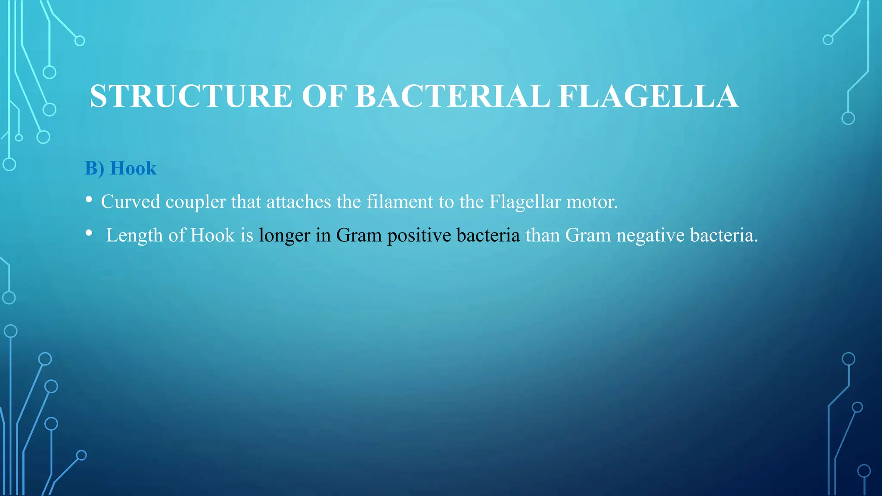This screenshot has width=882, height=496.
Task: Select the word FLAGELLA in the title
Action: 648,96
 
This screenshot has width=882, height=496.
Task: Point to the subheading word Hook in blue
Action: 133,168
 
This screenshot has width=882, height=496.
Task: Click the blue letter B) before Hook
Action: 94,168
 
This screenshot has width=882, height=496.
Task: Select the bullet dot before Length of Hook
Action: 89,233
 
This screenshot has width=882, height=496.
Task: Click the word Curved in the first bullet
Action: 130,202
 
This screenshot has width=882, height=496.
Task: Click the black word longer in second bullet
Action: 284,236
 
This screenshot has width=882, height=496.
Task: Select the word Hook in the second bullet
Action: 212,236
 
